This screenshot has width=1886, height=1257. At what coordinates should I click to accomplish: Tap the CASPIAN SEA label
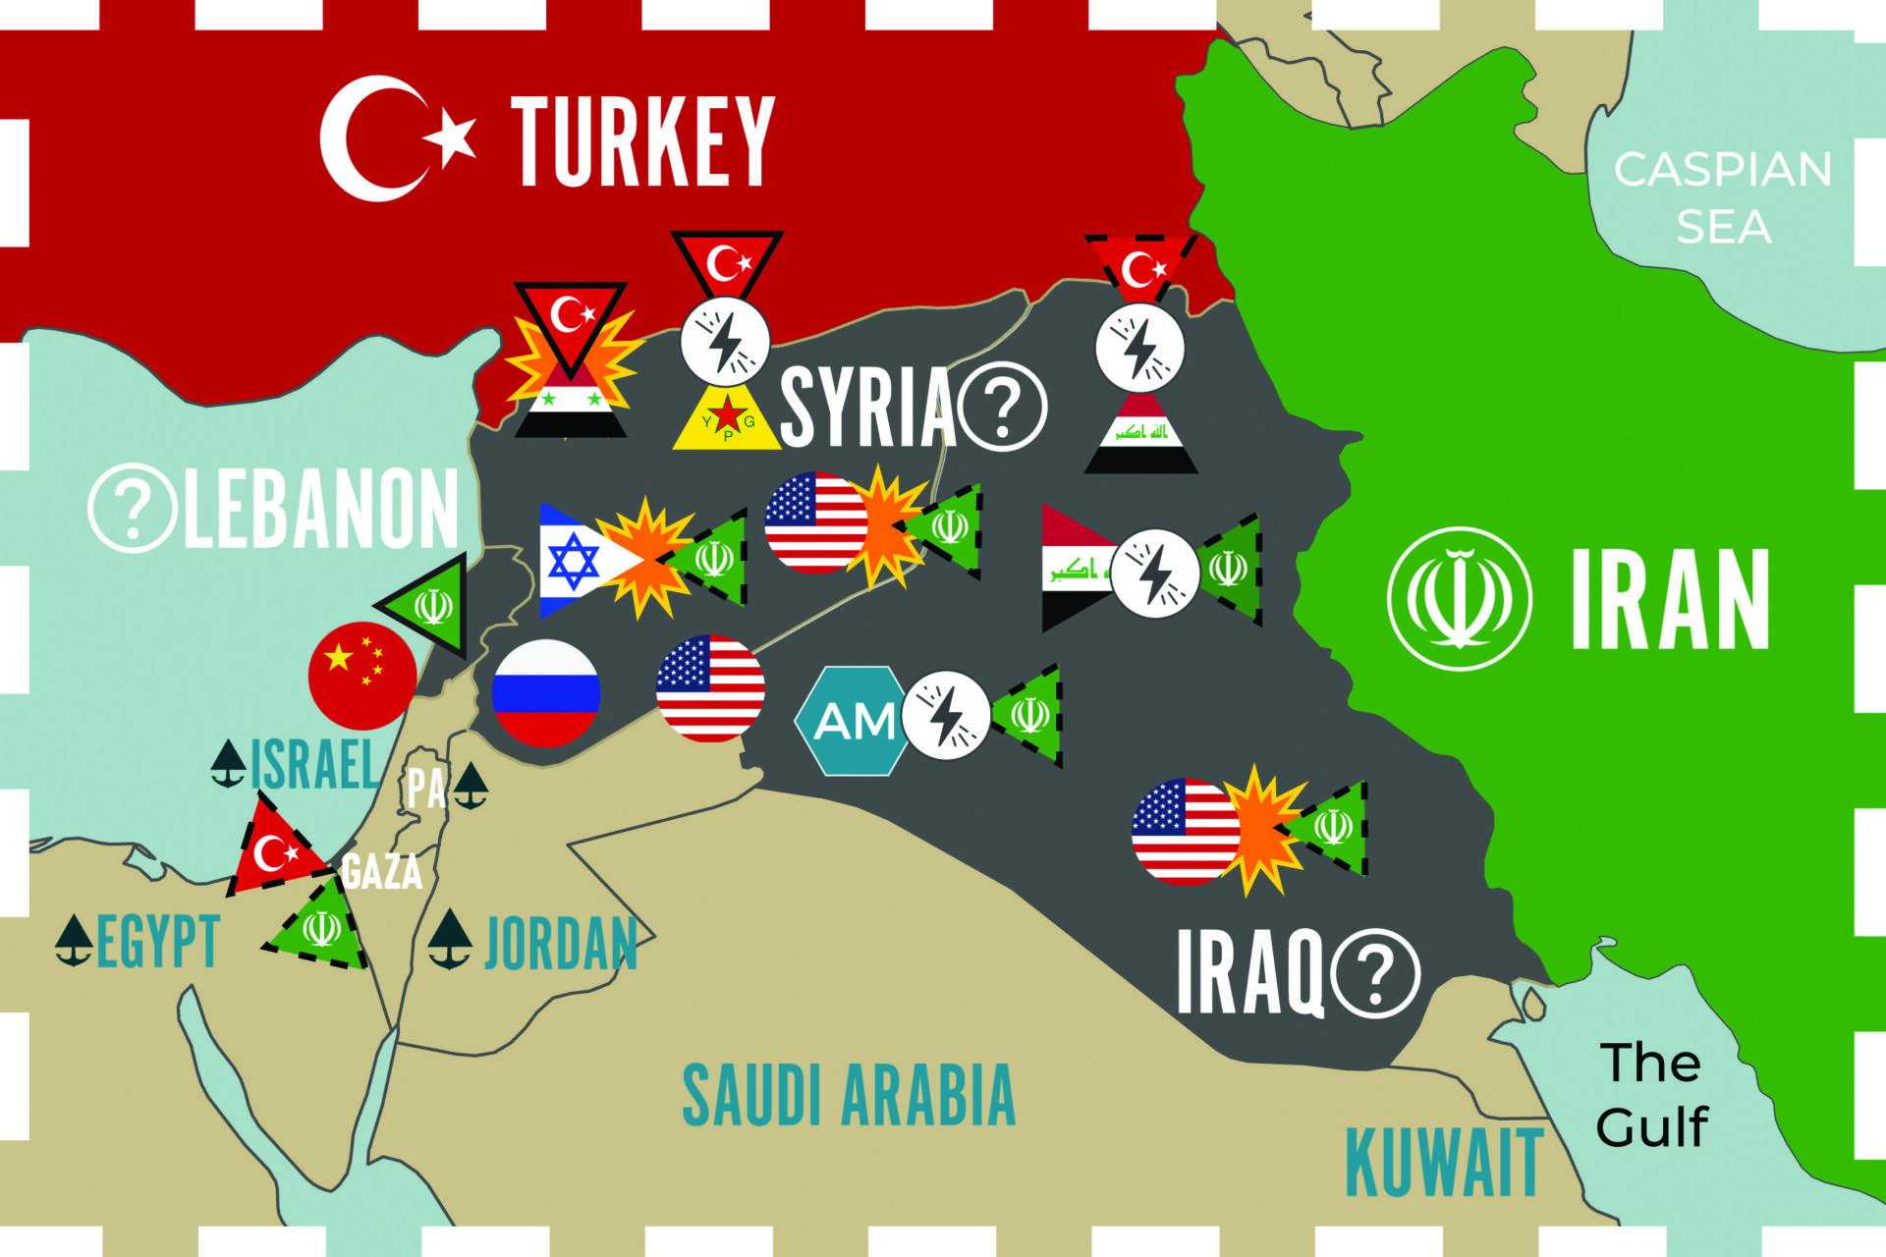point(1723,197)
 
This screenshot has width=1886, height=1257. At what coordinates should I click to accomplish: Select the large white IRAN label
point(1670,599)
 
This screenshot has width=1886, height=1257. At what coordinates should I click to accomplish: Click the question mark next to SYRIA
point(1003,406)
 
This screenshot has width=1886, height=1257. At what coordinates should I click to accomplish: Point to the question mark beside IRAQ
point(1376,972)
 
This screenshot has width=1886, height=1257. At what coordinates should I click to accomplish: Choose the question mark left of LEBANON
point(132,508)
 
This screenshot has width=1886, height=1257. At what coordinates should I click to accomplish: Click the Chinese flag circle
point(362,676)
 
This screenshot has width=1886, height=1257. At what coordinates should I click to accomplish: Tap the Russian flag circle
point(546,692)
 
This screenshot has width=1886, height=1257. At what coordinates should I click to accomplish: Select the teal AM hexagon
point(851,722)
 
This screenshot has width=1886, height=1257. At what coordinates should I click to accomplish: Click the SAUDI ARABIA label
point(849,1096)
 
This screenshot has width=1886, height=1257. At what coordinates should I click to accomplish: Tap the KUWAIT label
point(1443,1163)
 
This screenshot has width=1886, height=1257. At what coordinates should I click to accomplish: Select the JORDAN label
point(561,943)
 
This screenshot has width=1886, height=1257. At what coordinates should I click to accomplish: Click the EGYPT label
point(157,941)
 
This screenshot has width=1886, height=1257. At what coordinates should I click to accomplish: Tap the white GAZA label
point(382,871)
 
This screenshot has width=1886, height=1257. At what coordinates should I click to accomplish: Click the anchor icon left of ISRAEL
point(229,763)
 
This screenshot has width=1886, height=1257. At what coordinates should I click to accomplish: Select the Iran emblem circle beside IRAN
point(1459,599)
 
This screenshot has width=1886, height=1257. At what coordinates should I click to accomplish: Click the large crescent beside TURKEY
point(373,138)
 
